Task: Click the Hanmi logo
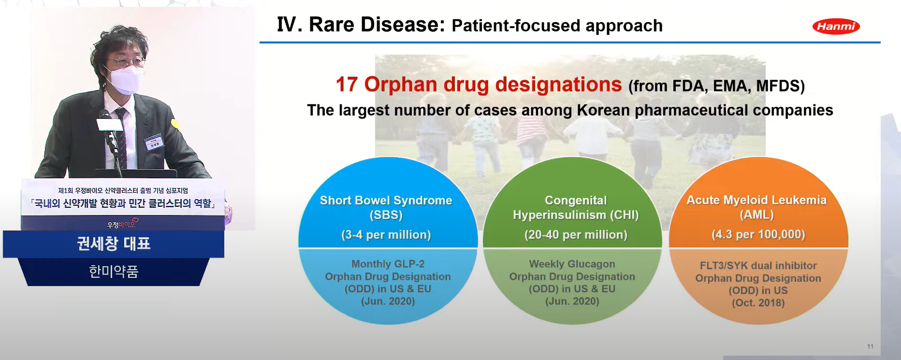coord(836,27)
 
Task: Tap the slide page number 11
coord(870,346)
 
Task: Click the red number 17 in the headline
coord(347,85)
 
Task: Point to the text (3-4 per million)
coord(386,235)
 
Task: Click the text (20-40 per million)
coord(576,235)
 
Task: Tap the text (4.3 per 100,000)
coord(758,234)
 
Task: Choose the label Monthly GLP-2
coord(388,264)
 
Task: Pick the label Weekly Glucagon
coord(572,264)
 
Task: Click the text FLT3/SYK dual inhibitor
coord(758,266)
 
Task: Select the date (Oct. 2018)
coord(758,303)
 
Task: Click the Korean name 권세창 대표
coord(114,244)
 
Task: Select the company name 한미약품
coord(114,272)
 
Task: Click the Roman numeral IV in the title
coord(290,25)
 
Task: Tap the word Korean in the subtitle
coord(603,110)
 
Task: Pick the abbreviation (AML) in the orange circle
coord(756,215)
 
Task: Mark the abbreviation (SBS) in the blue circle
coord(386,215)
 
